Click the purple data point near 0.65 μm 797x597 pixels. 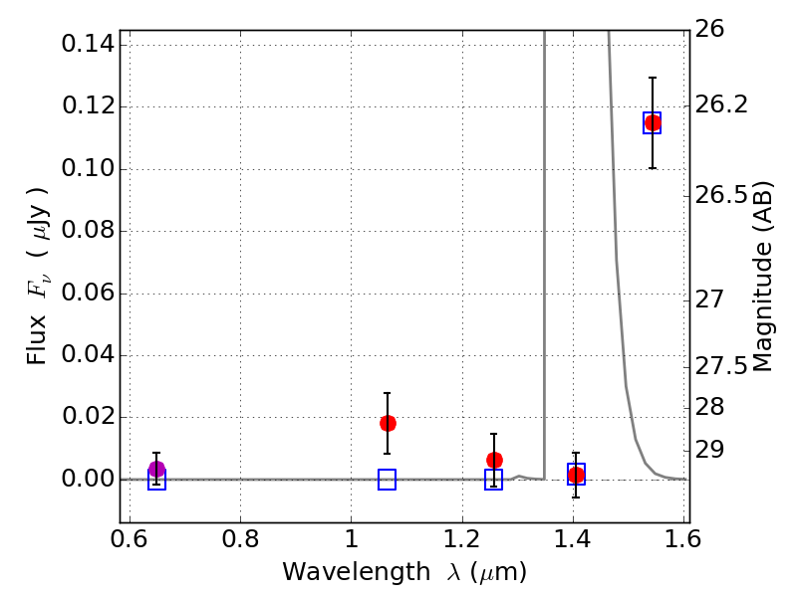[156, 470]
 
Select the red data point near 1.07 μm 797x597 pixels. [388, 423]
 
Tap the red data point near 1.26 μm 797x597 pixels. [494, 460]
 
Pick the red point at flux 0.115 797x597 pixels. [653, 122]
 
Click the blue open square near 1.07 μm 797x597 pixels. [388, 480]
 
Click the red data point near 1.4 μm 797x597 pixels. [576, 475]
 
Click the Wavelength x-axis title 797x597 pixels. [403, 572]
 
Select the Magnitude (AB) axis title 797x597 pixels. [763, 277]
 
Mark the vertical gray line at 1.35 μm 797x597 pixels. [544, 249]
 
